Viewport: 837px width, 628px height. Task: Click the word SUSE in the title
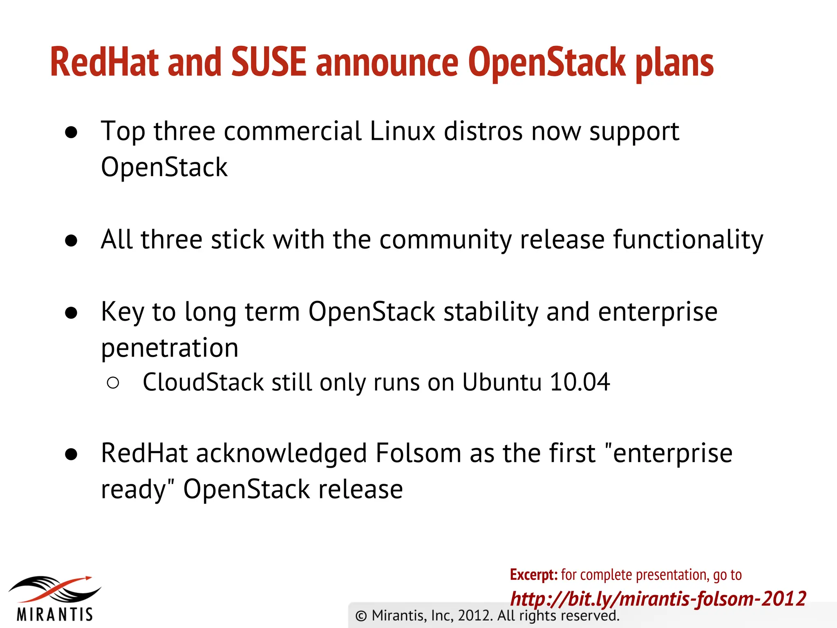(x=269, y=62)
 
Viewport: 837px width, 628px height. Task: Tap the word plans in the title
(x=674, y=63)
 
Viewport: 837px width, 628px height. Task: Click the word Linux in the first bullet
(x=402, y=131)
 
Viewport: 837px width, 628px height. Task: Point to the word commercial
(x=293, y=131)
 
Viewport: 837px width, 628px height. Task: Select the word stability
(x=490, y=312)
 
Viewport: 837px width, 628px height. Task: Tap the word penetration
(x=170, y=348)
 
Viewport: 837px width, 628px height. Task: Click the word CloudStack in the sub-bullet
(x=203, y=382)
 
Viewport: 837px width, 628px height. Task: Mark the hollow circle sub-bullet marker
(x=113, y=383)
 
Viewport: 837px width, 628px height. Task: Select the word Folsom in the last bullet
(x=418, y=453)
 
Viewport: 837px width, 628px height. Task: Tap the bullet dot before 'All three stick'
(x=71, y=241)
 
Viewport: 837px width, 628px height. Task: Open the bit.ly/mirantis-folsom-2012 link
(x=658, y=599)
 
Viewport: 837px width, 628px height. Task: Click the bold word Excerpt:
(x=533, y=575)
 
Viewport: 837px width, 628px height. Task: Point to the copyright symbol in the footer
(x=361, y=616)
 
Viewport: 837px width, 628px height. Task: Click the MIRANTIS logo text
(x=55, y=614)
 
